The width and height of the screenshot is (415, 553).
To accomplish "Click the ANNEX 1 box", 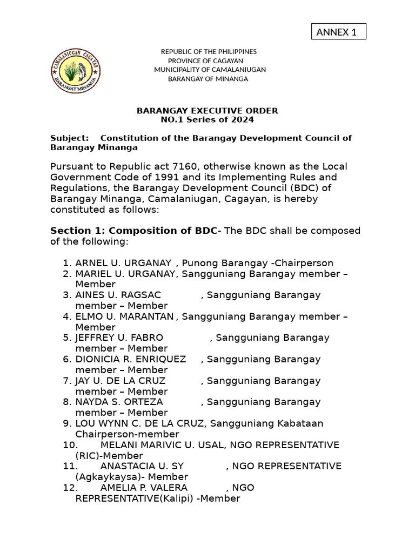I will pyautogui.click(x=339, y=32).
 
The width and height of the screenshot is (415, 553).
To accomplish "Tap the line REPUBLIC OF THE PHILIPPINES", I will pyautogui.click(x=209, y=52).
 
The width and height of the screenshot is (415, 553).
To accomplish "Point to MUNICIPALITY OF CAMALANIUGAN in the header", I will pyautogui.click(x=210, y=70).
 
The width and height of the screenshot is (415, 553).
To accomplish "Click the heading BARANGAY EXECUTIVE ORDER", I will pyautogui.click(x=207, y=111).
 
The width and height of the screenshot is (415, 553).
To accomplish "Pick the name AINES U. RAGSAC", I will pyautogui.click(x=118, y=295).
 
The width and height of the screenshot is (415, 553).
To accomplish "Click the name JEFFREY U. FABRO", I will pyautogui.click(x=119, y=338).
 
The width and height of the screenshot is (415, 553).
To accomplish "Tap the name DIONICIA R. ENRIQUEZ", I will pyautogui.click(x=130, y=359).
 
